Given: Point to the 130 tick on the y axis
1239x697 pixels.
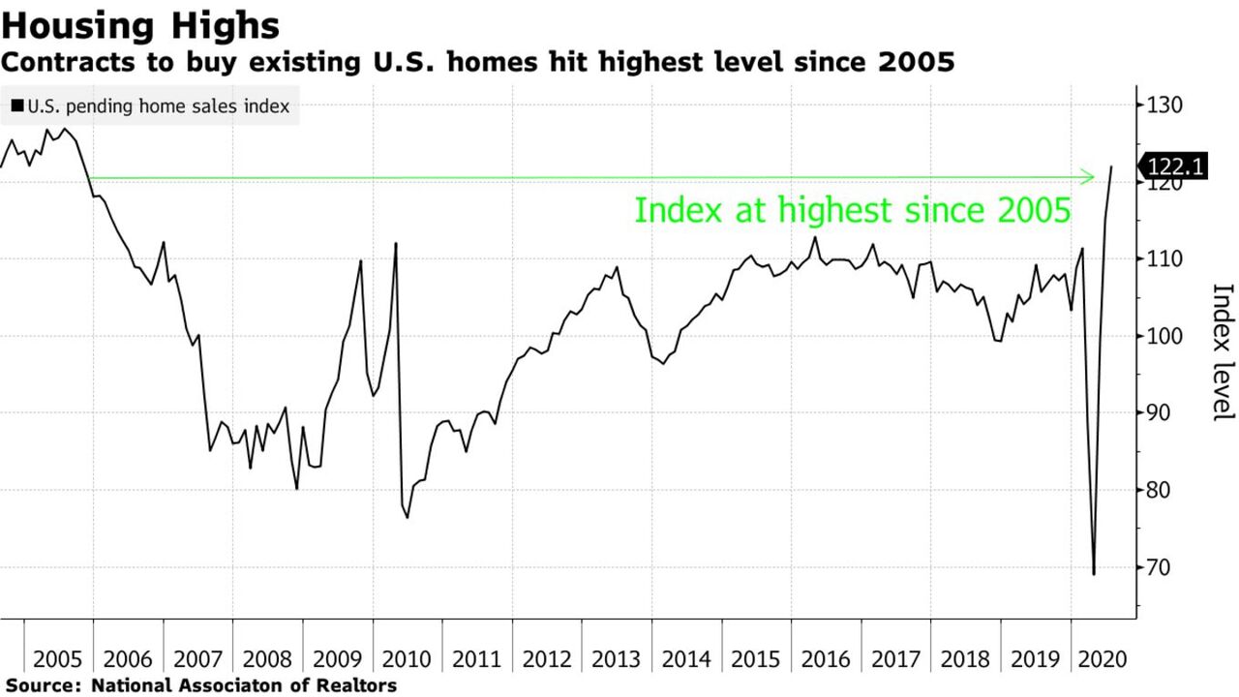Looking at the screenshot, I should point(1163,106).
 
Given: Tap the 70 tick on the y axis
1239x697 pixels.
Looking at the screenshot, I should point(1158,567).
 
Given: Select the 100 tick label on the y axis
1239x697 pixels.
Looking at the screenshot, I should point(1163,336).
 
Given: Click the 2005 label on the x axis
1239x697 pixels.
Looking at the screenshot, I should point(58,659).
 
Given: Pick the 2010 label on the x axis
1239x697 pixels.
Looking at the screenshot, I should point(408,659).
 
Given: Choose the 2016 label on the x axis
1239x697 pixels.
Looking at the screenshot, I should point(826,659).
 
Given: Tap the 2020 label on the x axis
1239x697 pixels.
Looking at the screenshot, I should point(1103,659).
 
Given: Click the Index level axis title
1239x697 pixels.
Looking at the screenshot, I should point(1222,351).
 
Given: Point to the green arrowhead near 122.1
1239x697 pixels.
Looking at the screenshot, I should point(1089,177).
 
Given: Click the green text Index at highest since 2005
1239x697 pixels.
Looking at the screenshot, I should point(852,210).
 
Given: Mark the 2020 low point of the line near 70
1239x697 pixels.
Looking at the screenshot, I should point(1094,574).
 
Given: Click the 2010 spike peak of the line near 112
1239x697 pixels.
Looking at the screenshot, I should point(396,243).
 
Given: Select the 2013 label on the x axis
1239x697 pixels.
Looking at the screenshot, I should point(617,659).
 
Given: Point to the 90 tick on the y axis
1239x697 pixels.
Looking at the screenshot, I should point(1158,413).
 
